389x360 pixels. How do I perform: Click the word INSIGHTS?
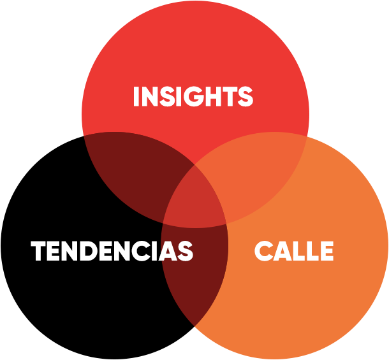(193, 97)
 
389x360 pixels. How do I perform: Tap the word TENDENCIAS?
(112, 251)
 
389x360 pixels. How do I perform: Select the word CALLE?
(294, 251)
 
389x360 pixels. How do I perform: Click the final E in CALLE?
(325, 251)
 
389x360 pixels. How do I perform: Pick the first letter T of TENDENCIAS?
(40, 251)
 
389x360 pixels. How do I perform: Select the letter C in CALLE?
(264, 251)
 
